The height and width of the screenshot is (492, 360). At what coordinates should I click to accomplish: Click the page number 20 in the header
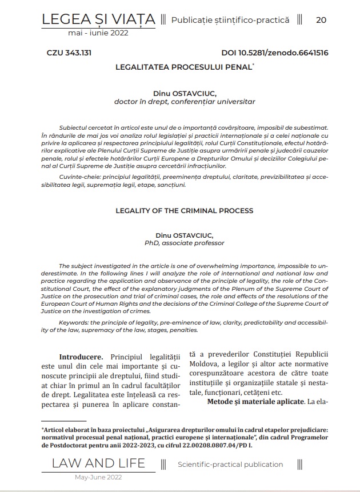click(321, 20)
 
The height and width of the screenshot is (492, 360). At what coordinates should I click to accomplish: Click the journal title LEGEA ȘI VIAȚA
click(98, 20)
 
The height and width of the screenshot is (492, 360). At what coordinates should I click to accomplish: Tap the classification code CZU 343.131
click(69, 53)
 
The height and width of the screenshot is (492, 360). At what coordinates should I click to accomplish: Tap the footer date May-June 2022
click(98, 477)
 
